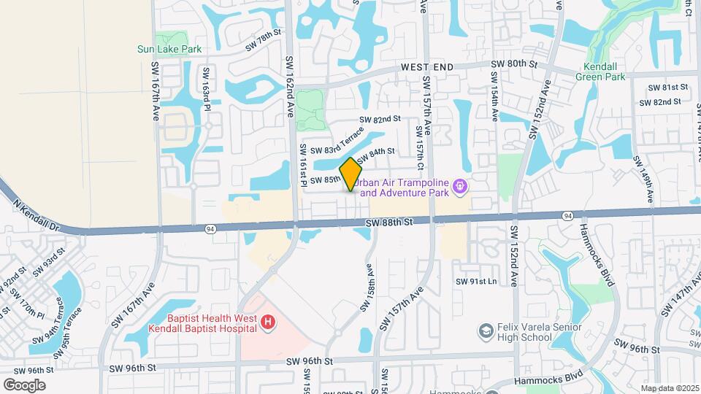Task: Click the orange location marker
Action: [x=351, y=174]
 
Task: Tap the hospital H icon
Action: [x=268, y=321]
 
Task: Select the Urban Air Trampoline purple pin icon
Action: [x=459, y=187]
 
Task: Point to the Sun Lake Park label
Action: [x=169, y=50]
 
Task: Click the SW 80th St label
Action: [x=514, y=64]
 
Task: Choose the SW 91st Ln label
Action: [x=476, y=282]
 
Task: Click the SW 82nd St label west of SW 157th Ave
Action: [x=380, y=119]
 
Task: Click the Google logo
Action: [x=24, y=385]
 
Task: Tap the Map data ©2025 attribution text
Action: [x=669, y=388]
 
